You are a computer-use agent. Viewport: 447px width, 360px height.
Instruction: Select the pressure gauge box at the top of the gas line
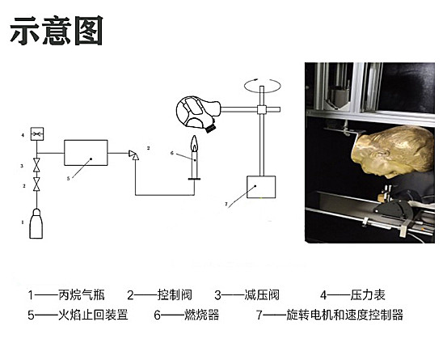(x=37, y=133)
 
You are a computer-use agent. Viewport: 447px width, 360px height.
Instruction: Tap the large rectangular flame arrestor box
(x=86, y=153)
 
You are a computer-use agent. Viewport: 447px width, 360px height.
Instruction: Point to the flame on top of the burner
(x=194, y=143)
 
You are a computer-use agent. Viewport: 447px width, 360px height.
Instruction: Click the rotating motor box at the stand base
(x=261, y=187)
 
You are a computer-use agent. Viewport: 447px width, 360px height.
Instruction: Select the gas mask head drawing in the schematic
(x=198, y=113)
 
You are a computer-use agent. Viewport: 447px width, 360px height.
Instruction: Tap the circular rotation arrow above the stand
(x=263, y=86)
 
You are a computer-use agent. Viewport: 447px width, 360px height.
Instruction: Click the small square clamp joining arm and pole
(x=262, y=109)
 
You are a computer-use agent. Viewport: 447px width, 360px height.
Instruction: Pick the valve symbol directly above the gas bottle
(x=36, y=184)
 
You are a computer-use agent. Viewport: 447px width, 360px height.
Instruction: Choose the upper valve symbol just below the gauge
(x=36, y=165)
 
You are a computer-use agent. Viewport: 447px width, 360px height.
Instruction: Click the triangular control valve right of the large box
(x=133, y=155)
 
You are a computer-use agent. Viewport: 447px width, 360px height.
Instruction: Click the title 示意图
(x=57, y=31)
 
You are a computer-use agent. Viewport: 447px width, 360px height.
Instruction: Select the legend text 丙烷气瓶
(x=82, y=295)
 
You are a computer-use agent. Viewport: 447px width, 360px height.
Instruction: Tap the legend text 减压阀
(x=262, y=295)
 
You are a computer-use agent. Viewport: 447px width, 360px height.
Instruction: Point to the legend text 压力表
(x=368, y=295)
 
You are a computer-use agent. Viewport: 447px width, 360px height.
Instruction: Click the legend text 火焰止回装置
(x=93, y=315)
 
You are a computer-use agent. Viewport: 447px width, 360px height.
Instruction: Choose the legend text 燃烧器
(x=202, y=315)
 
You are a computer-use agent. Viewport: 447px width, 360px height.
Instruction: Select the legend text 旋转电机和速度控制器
(x=344, y=315)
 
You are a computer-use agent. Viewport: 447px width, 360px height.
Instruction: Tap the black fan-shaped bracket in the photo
(x=394, y=209)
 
